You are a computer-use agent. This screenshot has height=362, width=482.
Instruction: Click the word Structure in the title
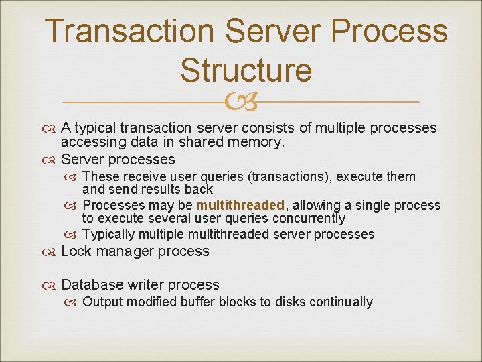pyautogui.click(x=246, y=70)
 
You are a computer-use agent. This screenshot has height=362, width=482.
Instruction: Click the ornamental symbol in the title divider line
pyautogui.click(x=241, y=103)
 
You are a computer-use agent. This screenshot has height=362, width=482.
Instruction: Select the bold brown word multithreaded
pyautogui.click(x=240, y=205)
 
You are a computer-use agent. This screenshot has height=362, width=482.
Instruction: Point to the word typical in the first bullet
pyautogui.click(x=95, y=128)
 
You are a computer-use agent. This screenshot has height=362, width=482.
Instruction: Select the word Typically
pyautogui.click(x=111, y=234)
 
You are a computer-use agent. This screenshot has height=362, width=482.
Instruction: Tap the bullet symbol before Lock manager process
pyautogui.click(x=52, y=252)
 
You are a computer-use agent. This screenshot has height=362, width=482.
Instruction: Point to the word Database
pyautogui.click(x=90, y=285)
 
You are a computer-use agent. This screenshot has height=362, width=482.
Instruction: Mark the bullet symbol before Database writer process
pyautogui.click(x=52, y=286)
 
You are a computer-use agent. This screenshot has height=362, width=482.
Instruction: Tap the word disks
pyautogui.click(x=276, y=302)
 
